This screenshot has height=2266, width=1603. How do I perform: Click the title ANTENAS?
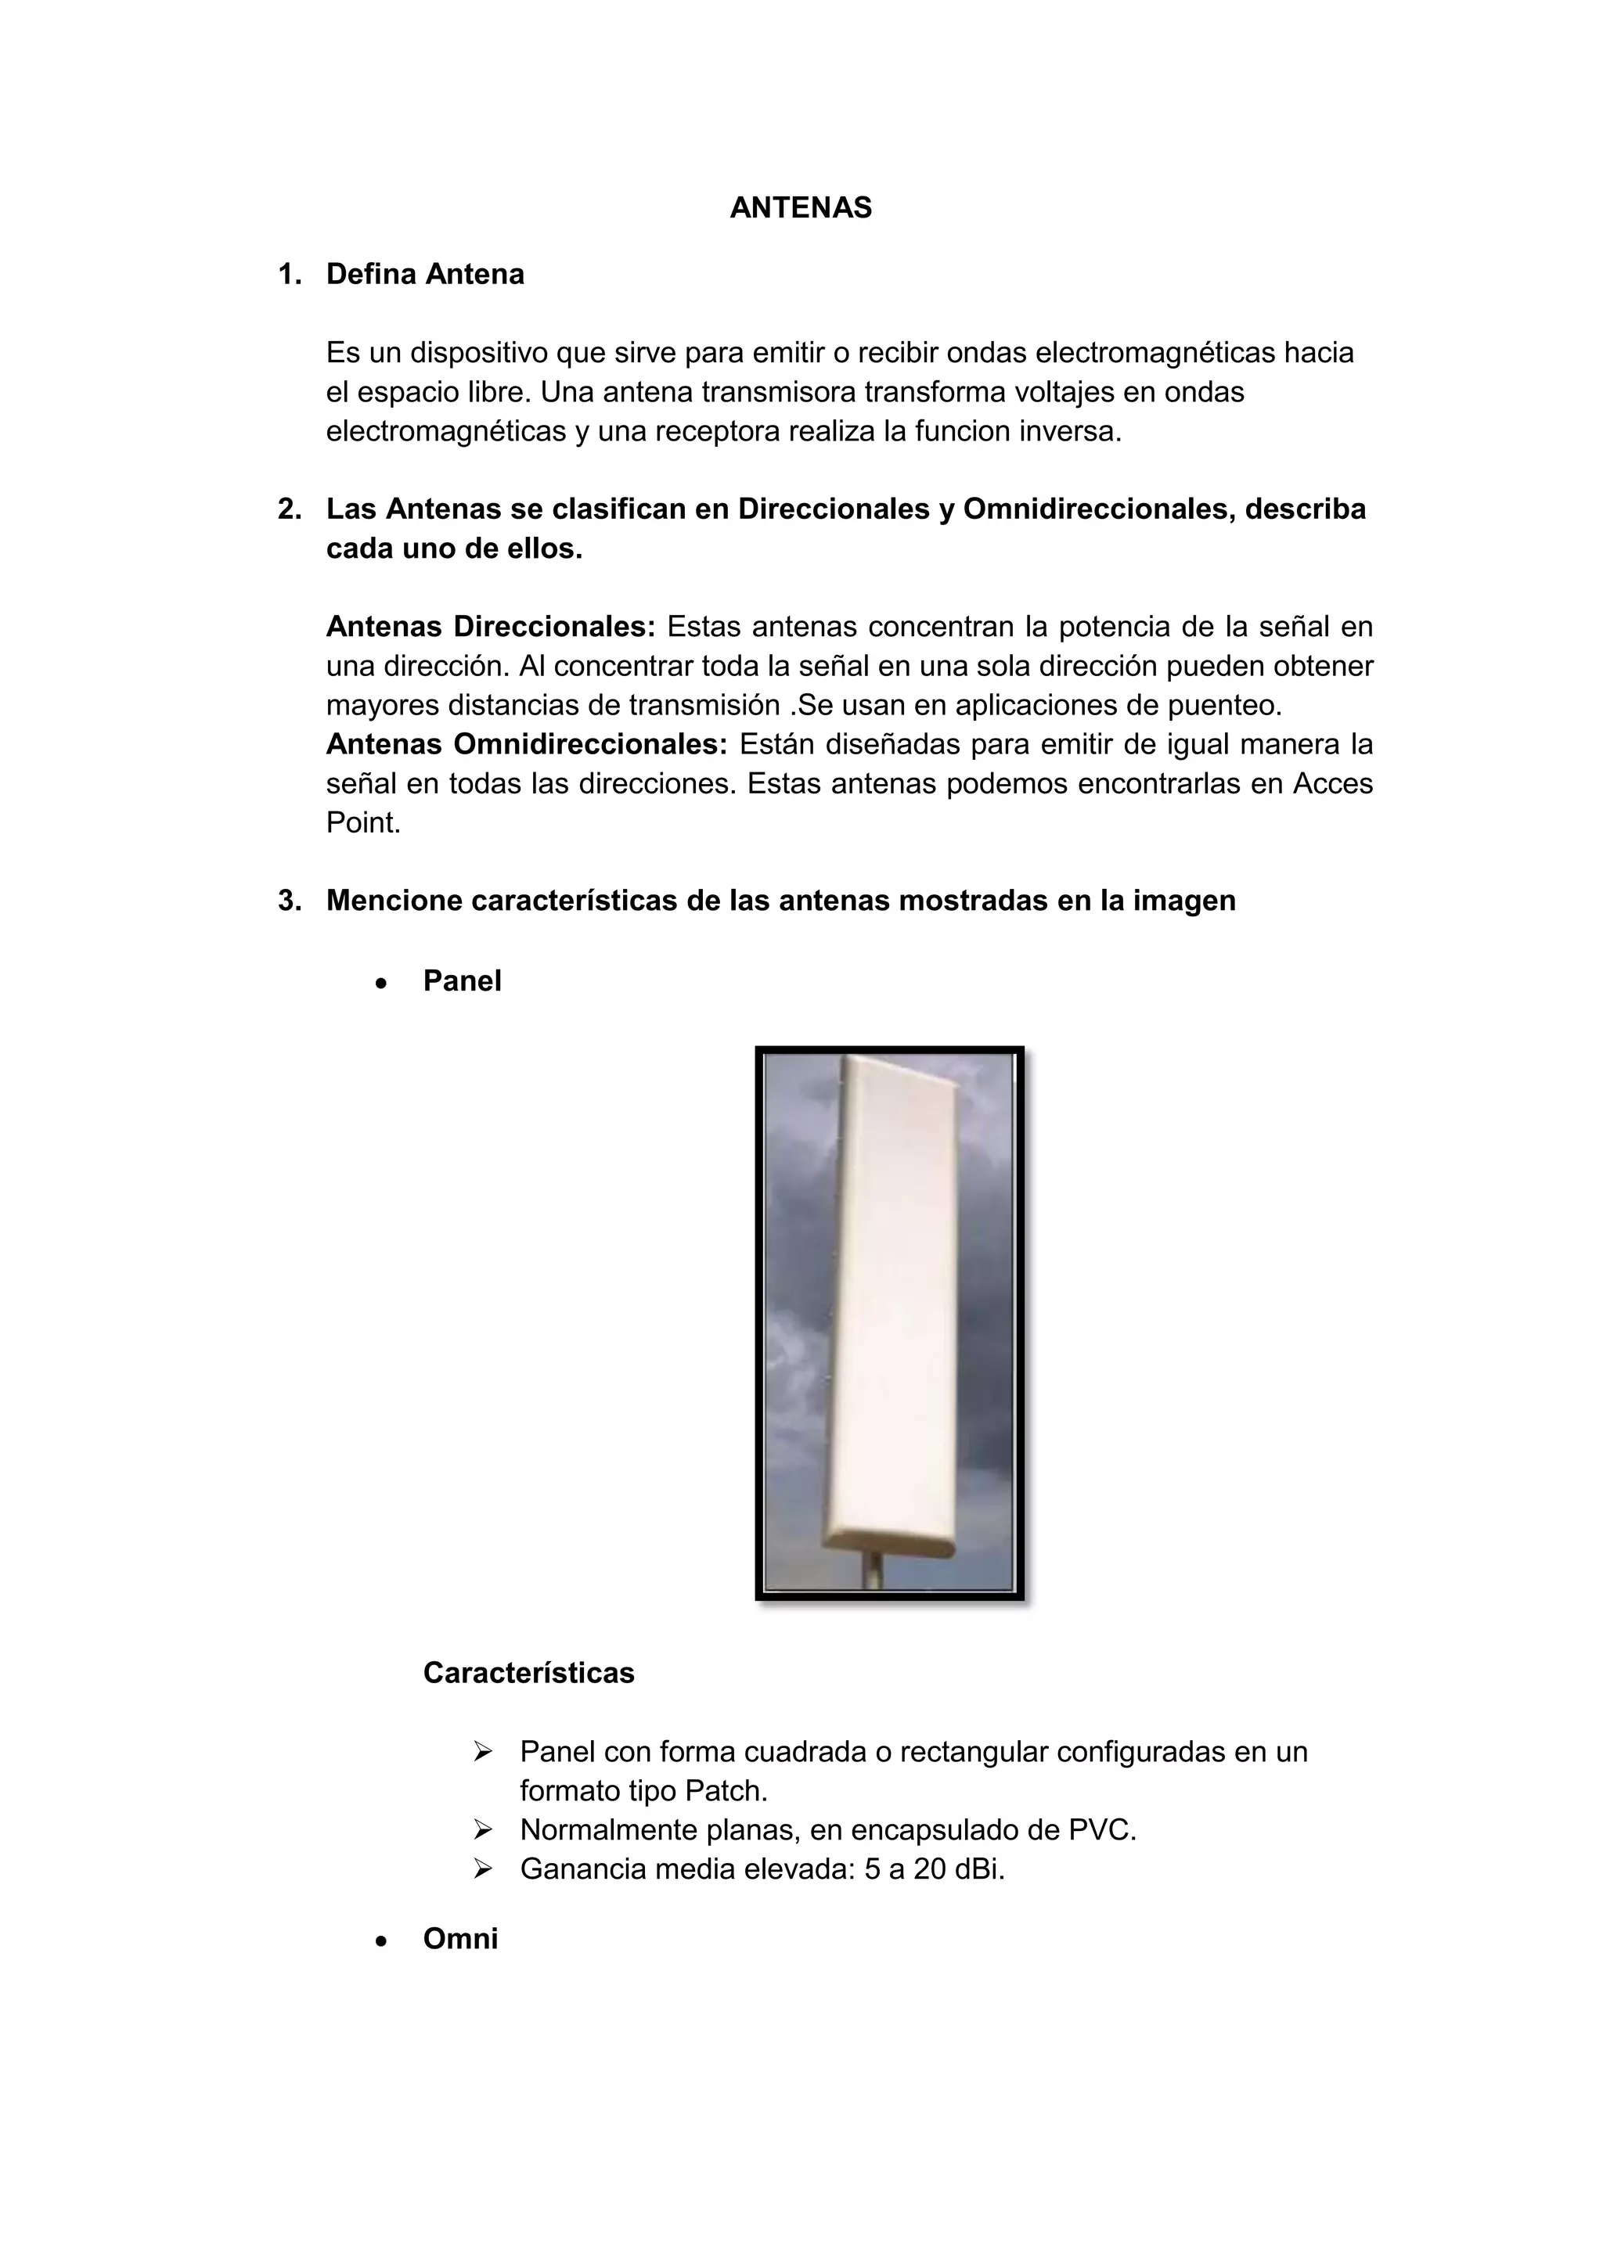(x=801, y=208)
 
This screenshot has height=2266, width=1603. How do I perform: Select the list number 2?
(x=289, y=509)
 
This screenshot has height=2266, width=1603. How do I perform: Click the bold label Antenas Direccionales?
(x=491, y=627)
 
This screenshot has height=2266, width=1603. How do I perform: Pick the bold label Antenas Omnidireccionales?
(x=526, y=744)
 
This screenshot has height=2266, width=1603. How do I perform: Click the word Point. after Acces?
(x=363, y=822)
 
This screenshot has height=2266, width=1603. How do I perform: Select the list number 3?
(x=289, y=901)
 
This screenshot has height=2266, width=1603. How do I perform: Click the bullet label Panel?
(x=462, y=981)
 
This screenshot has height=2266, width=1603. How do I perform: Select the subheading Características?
(x=528, y=1673)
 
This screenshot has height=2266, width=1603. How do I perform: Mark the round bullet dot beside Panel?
(x=381, y=983)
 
